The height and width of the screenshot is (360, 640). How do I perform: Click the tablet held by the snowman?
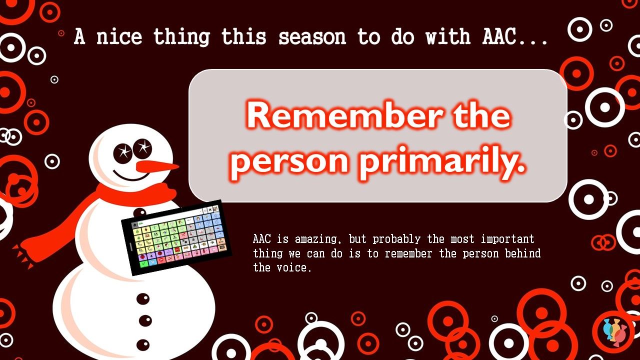click(x=176, y=237)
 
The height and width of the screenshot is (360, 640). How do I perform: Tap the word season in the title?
click(x=312, y=37)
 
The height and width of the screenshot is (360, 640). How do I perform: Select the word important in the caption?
click(x=507, y=239)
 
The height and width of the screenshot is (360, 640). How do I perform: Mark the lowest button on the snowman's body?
click(x=143, y=345)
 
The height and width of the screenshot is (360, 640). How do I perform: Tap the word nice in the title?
click(x=119, y=37)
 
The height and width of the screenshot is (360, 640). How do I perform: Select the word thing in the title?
click(x=181, y=37)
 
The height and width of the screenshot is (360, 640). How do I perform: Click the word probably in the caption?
click(x=396, y=239)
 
